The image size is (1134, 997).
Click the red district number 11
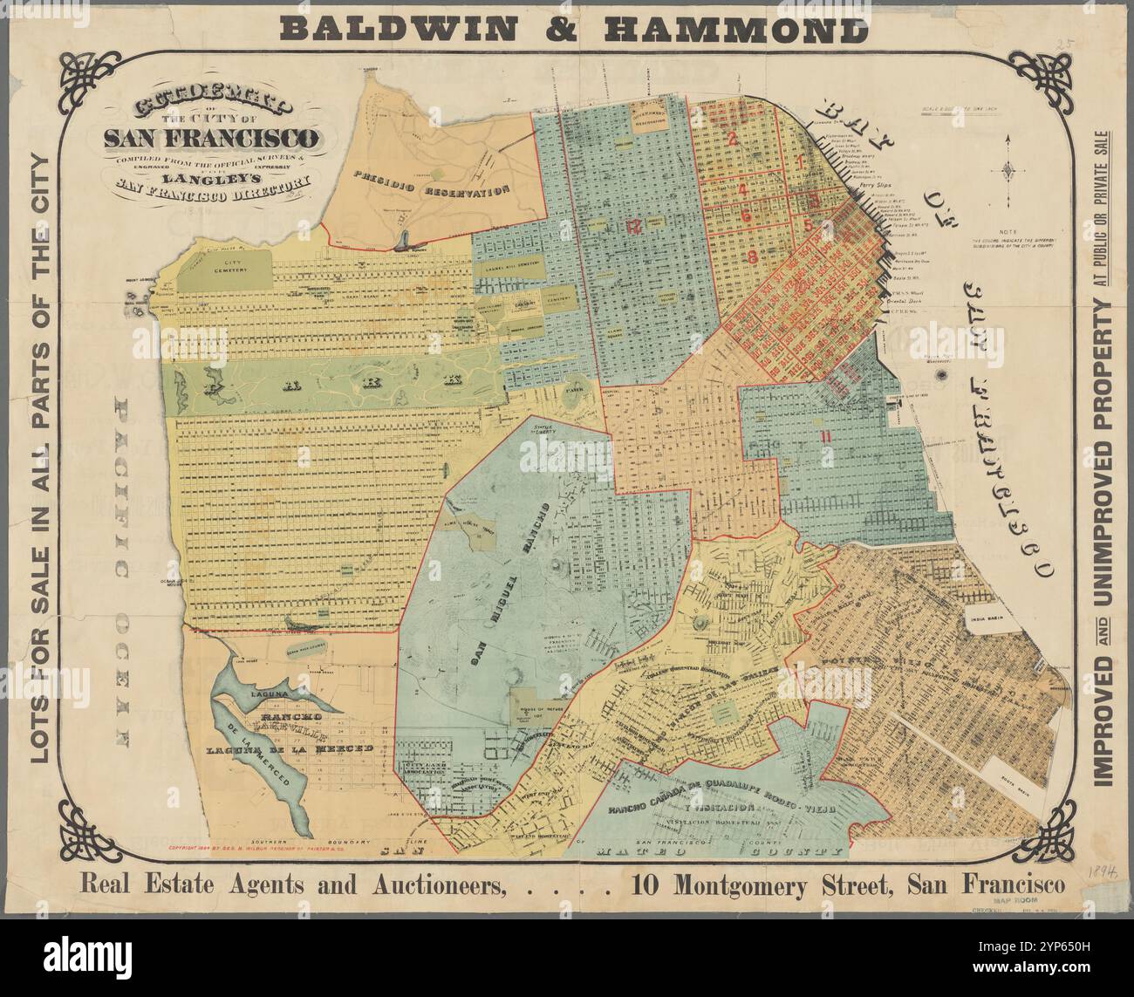coord(824,436)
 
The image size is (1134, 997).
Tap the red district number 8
coord(751,256)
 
